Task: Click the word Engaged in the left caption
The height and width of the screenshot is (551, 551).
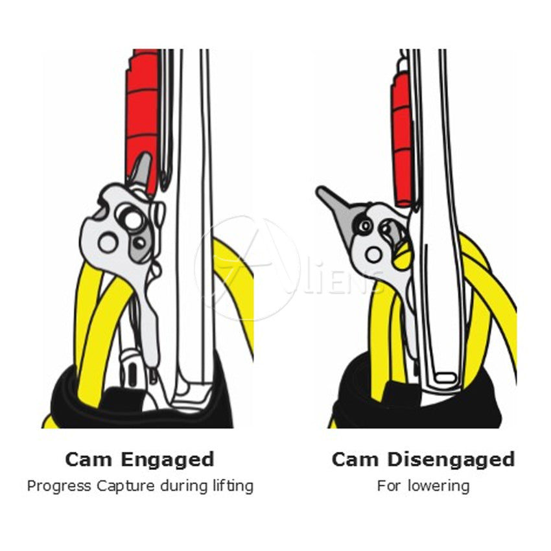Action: [167, 460]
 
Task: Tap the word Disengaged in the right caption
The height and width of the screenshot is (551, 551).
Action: [451, 460]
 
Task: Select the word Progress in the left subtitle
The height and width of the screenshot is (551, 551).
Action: [59, 486]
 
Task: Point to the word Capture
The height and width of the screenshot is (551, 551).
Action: [126, 486]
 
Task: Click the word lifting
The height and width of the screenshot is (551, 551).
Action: [233, 486]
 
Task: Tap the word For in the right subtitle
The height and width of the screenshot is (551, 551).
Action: [390, 486]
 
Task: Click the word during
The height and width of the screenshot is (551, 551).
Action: [184, 486]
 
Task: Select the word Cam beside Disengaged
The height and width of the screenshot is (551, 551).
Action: [355, 460]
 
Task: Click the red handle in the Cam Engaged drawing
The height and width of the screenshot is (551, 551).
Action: [143, 119]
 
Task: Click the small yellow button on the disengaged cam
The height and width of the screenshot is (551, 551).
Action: [403, 256]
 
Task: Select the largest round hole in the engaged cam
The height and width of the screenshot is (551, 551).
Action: [133, 220]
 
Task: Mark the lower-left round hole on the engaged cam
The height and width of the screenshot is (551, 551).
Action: [108, 242]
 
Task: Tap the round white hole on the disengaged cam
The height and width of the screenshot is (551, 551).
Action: [373, 254]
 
